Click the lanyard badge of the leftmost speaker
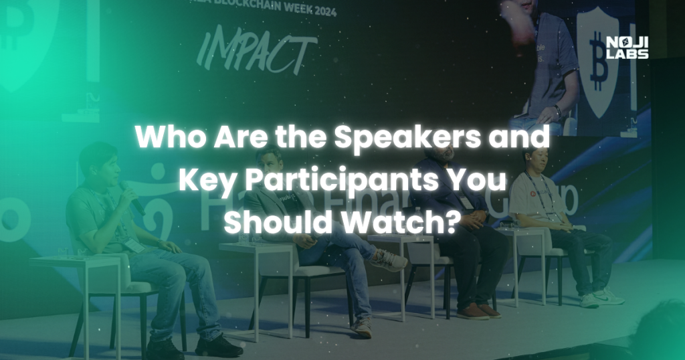(136, 245)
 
